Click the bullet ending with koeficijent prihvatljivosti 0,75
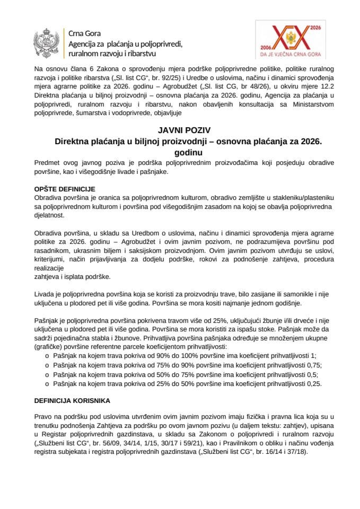pos(186,365)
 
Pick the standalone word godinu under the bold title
pos(180,152)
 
